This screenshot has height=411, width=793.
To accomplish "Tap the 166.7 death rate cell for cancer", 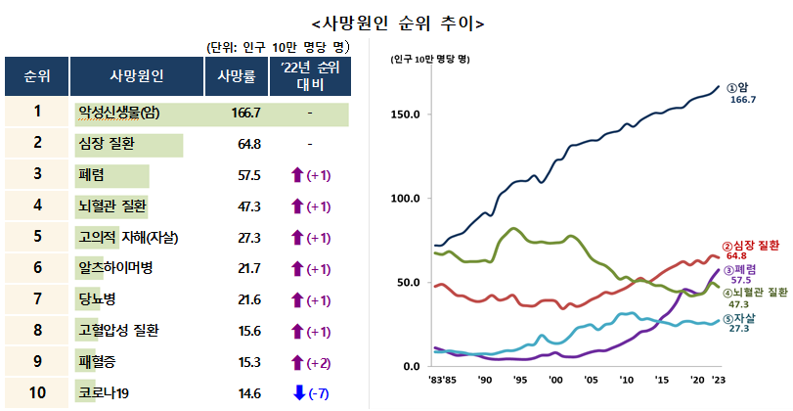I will point(245,113).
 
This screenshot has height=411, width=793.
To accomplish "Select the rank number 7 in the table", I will point(37,299).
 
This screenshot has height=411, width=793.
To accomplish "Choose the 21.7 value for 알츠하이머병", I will point(245,268).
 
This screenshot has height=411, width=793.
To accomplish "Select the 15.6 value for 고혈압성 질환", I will point(245,331).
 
